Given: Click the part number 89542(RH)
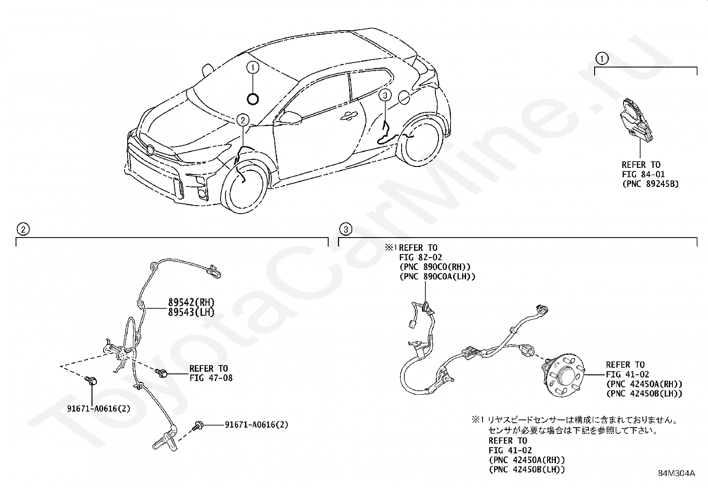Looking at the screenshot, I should pyautogui.click(x=191, y=302).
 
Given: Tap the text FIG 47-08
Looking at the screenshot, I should pyautogui.click(x=211, y=378).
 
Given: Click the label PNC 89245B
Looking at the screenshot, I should pyautogui.click(x=650, y=184).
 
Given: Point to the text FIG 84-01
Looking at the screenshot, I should pyautogui.click(x=643, y=174).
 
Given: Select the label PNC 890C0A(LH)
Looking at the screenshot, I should pyautogui.click(x=437, y=277).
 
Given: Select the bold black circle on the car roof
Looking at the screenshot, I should pyautogui.click(x=253, y=99).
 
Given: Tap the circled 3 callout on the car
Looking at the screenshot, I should pyautogui.click(x=385, y=95).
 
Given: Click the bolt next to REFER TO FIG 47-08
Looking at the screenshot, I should pyautogui.click(x=163, y=373).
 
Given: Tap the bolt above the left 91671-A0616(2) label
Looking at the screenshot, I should pyautogui.click(x=92, y=380).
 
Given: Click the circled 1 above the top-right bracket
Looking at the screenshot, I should pyautogui.click(x=602, y=58).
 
